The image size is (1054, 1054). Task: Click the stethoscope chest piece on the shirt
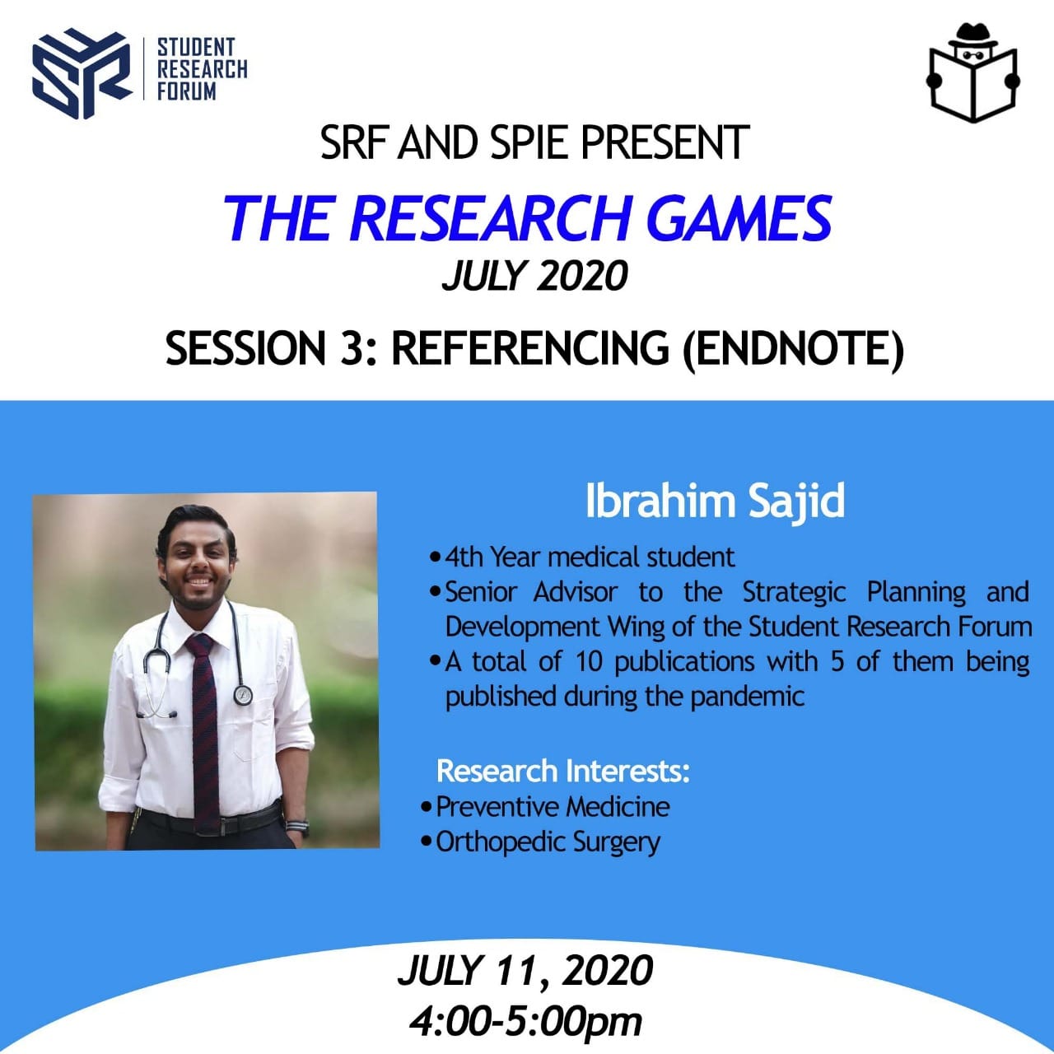242,695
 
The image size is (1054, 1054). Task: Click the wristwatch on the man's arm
297,826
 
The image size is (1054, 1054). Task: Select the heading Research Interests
563,772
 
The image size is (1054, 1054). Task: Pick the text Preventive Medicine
553,806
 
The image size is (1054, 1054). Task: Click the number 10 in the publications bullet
589,662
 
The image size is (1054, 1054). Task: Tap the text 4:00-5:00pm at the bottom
525,1020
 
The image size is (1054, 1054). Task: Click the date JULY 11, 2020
525,971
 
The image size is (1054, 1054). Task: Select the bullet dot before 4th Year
435,558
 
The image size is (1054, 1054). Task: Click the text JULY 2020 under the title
534,275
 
